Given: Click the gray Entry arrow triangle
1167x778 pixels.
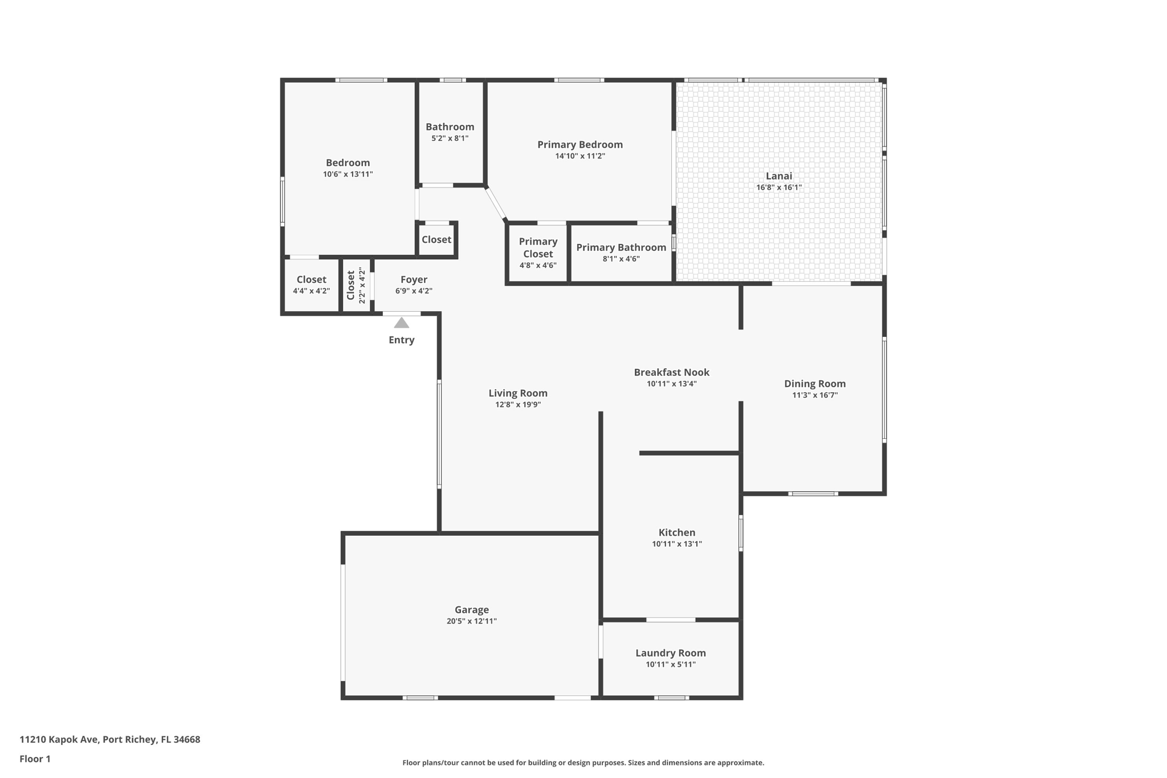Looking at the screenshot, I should pos(401,323).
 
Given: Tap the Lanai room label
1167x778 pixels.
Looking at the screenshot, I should pos(778,176).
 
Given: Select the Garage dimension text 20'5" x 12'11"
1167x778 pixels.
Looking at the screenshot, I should pos(471,621).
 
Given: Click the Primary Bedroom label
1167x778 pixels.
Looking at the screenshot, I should pos(580,145).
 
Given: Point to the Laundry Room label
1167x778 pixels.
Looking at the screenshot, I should pos(670,653).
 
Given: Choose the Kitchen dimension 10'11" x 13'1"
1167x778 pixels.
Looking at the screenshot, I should pos(676,544).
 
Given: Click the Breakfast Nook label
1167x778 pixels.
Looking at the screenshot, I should pos(671,372).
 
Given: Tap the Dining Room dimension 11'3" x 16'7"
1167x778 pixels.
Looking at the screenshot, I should pos(814,395).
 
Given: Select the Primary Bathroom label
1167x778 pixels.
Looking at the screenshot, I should pos(621,247).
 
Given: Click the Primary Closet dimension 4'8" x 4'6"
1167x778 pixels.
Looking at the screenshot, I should pos(537,266).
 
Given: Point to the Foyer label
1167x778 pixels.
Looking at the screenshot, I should pos(414,279).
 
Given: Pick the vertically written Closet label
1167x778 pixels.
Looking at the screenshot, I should pos(350,285).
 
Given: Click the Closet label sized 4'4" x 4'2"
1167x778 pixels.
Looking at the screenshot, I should pos(311,279).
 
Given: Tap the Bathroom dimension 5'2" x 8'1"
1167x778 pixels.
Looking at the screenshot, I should pos(450,138).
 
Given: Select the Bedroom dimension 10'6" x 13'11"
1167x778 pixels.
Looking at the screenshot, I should pos(348,174).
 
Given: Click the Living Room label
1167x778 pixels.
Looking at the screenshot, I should pos(517,393).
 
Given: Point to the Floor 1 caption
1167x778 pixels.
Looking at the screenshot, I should pos(35,759).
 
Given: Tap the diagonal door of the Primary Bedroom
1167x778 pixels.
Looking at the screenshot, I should pos(495,203).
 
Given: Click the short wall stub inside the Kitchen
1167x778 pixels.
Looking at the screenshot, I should pos(689,453).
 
